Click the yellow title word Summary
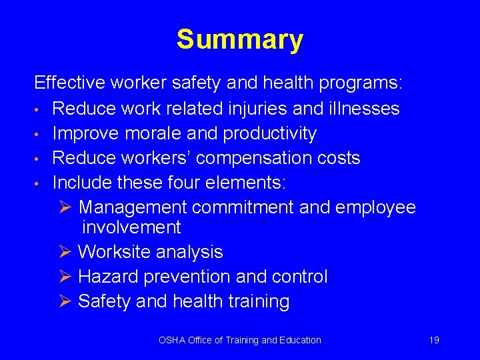pos(239,40)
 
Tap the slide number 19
pos(434,340)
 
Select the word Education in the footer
pos(300,340)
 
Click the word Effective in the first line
pos(70,83)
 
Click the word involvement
pos(131,227)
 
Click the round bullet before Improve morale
pos(40,134)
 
